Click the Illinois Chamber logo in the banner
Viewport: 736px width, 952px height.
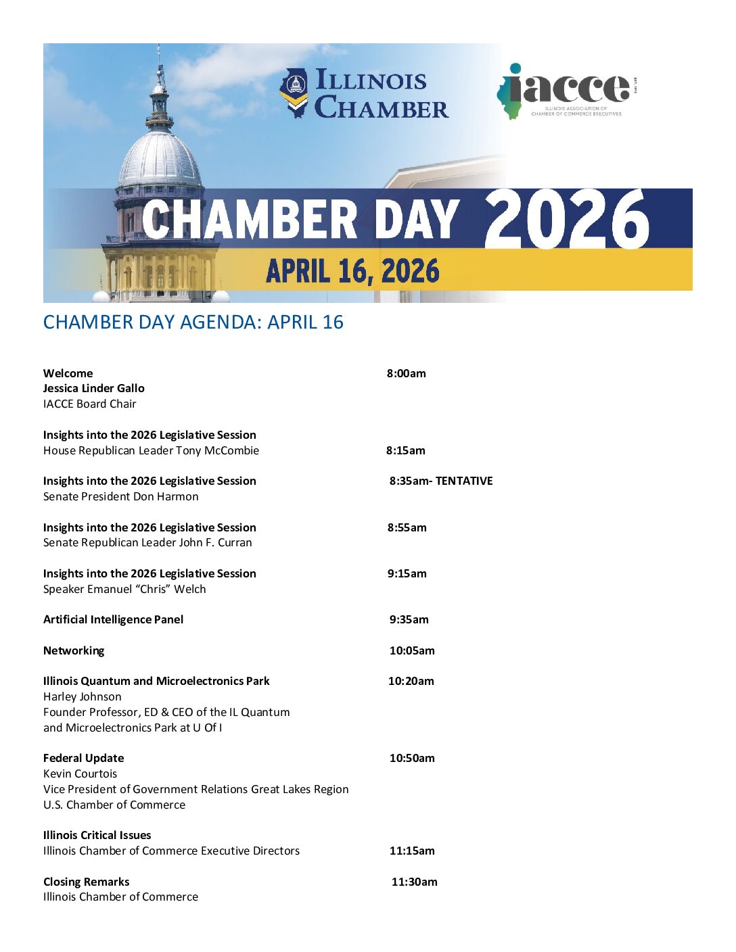click(x=364, y=93)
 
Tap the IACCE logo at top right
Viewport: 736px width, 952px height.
click(x=567, y=91)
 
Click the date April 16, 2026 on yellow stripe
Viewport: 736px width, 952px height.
click(x=352, y=272)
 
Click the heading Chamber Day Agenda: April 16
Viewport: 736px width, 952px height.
click(x=193, y=322)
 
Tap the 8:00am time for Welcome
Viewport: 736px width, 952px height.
click(x=407, y=373)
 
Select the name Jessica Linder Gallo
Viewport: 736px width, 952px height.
click(x=94, y=388)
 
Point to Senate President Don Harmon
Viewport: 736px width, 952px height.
click(x=121, y=496)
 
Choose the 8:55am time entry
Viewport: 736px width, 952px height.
click(x=407, y=527)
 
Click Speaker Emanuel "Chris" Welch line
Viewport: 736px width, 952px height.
click(x=124, y=589)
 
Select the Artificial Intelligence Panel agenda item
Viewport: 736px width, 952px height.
click(x=114, y=619)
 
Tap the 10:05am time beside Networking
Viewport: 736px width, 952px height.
click(x=412, y=650)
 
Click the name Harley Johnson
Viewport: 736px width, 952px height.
click(x=83, y=696)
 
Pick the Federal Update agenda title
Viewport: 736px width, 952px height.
click(x=84, y=758)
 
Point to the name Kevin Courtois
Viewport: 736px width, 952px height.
click(x=80, y=773)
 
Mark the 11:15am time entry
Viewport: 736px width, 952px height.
click(x=412, y=851)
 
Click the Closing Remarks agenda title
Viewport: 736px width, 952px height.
click(x=87, y=882)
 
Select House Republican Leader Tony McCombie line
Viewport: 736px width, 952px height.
click(x=152, y=450)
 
